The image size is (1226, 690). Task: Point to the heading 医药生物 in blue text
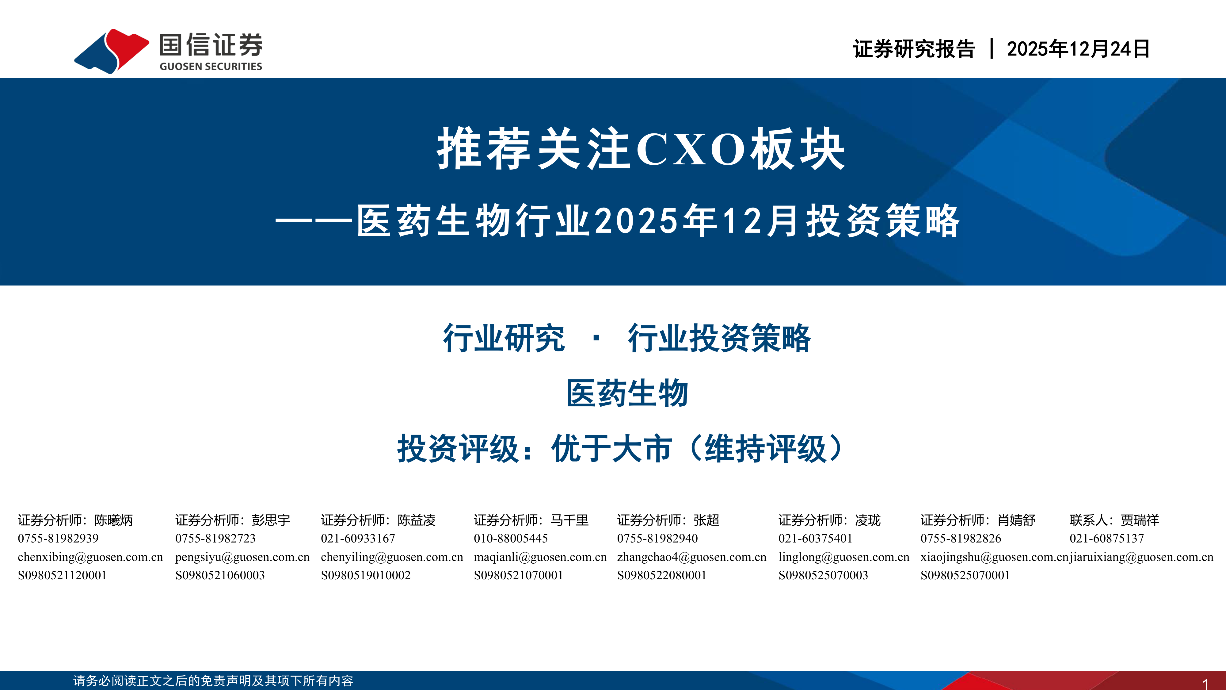tap(627, 393)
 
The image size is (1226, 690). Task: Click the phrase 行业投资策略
tap(719, 338)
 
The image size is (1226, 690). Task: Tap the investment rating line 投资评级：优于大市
tap(535, 449)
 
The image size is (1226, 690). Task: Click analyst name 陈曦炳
tap(114, 520)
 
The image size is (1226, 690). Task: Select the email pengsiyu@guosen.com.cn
tap(242, 557)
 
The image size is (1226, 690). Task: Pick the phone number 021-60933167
tap(358, 539)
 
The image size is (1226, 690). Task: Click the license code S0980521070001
tap(518, 575)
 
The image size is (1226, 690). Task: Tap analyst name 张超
tap(706, 520)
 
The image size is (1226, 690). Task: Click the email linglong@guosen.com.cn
tap(844, 557)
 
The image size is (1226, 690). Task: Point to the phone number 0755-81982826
tap(961, 539)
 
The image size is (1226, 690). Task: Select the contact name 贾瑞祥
tap(1140, 520)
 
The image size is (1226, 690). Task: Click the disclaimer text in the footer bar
tap(213, 680)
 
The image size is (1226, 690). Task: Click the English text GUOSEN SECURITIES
tap(211, 66)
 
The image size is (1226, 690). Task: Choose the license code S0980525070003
tap(823, 575)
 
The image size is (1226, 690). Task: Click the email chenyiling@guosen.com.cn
tap(392, 557)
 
